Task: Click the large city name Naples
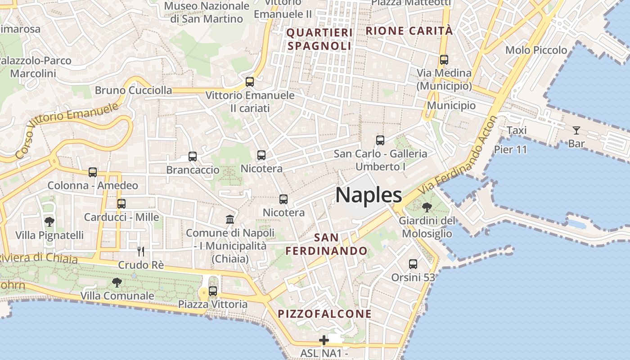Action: (x=369, y=195)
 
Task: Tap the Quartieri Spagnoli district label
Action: (x=319, y=39)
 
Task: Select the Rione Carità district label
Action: (x=409, y=31)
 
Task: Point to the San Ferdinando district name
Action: (x=326, y=244)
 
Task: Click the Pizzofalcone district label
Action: (x=324, y=314)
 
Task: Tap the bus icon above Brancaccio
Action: (x=193, y=157)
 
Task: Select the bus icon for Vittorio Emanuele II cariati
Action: (x=250, y=82)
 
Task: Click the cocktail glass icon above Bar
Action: (x=576, y=130)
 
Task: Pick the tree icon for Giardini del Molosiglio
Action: (x=427, y=207)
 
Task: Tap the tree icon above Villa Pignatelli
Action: (x=49, y=221)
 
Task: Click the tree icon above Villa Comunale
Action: (x=117, y=283)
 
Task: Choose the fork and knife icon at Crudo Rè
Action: (x=141, y=251)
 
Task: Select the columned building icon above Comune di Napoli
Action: (x=230, y=220)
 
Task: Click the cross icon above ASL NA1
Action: (x=324, y=340)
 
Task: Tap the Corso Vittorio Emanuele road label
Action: (x=67, y=130)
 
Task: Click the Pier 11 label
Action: (x=510, y=149)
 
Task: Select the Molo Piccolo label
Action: (x=536, y=50)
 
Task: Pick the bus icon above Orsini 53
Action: (x=413, y=264)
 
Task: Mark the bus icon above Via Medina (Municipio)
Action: (x=444, y=59)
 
